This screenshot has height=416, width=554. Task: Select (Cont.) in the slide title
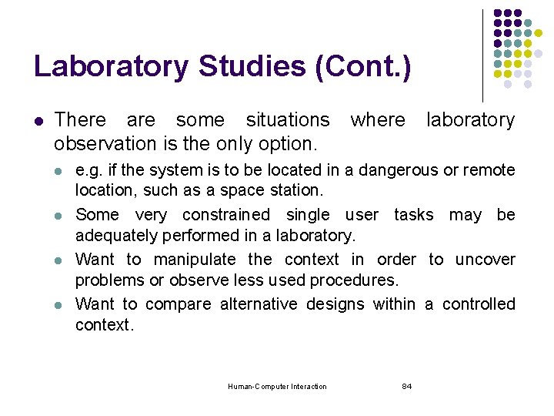click(x=363, y=66)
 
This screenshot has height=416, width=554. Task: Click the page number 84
click(x=407, y=386)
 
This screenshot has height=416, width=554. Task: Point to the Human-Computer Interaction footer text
click(x=278, y=386)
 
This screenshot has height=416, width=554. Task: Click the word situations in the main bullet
click(x=287, y=120)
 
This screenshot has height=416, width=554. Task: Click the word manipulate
click(x=195, y=260)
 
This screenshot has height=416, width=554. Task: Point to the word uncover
click(x=485, y=260)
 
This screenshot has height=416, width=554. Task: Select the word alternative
click(x=259, y=304)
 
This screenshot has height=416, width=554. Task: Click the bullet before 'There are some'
click(x=38, y=121)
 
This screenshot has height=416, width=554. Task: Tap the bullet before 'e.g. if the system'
click(x=60, y=170)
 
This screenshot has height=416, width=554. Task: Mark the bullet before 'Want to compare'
click(x=60, y=305)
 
